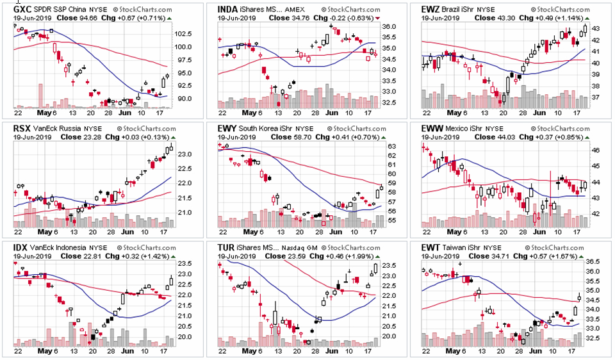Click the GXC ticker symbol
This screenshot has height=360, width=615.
[x=22, y=10]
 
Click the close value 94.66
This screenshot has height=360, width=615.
[x=82, y=18]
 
